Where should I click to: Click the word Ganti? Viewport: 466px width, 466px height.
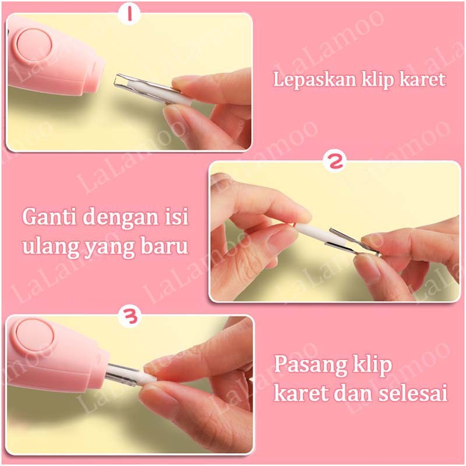coord(49,217)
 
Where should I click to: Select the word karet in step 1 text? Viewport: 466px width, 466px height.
coord(424,79)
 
